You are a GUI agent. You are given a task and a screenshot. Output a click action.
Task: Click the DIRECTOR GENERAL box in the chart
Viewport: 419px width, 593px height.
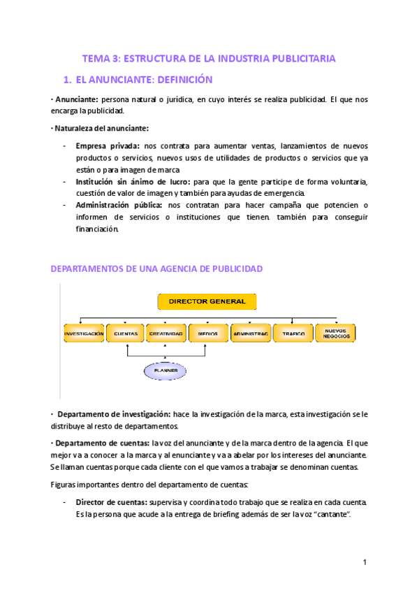click(207, 301)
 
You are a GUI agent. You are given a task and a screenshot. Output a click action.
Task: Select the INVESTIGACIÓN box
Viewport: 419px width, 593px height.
click(84, 334)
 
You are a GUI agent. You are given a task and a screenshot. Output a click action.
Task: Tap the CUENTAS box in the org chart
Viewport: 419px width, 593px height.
click(125, 334)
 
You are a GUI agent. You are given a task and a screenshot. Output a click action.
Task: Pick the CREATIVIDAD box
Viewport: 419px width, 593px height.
click(166, 334)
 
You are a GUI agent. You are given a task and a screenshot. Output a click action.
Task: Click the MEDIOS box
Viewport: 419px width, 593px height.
click(207, 334)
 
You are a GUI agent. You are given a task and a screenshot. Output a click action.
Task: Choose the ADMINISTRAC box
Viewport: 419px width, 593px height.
click(250, 334)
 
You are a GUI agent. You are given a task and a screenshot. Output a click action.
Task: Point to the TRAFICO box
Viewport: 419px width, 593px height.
click(293, 334)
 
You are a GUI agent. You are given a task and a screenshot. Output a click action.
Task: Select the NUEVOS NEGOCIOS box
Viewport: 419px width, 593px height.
click(335, 334)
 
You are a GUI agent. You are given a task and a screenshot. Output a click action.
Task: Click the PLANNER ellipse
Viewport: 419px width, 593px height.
click(166, 370)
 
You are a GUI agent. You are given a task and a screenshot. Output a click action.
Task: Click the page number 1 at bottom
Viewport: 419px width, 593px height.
click(365, 562)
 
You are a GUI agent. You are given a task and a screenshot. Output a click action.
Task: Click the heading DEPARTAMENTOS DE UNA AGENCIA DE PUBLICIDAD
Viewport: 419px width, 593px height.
click(156, 269)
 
